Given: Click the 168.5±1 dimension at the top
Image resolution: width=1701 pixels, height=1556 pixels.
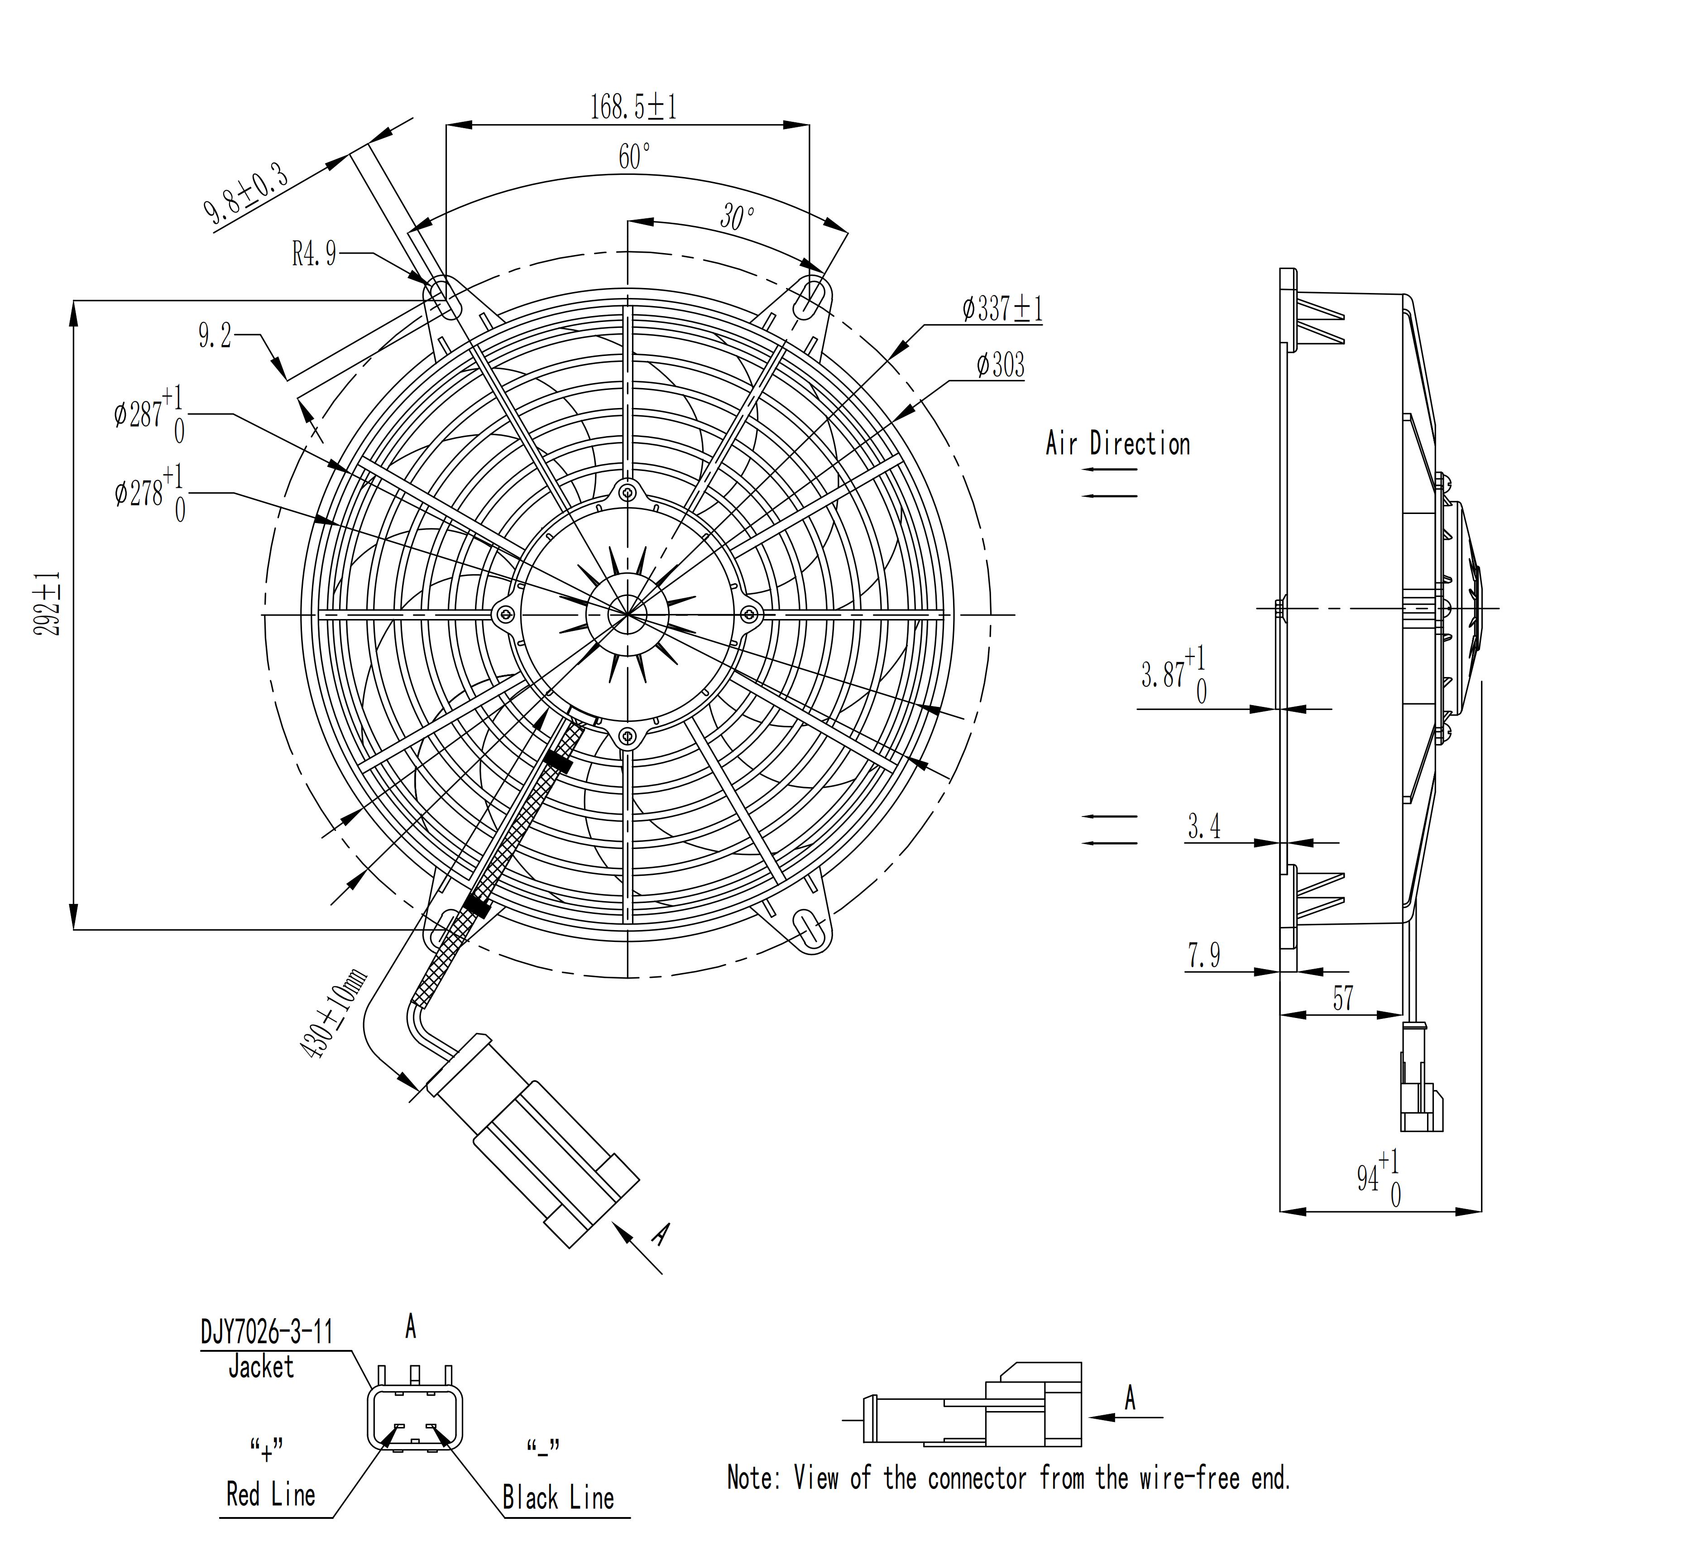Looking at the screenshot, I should tap(633, 107).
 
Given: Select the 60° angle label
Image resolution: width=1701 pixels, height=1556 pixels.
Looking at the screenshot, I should tap(634, 156).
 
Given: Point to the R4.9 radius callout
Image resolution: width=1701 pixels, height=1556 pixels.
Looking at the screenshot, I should tap(314, 253).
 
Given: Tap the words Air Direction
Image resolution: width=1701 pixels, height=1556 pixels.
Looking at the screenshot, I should tap(1118, 444).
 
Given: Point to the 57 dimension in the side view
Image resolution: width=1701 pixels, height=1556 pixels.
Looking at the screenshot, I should tap(1342, 998).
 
